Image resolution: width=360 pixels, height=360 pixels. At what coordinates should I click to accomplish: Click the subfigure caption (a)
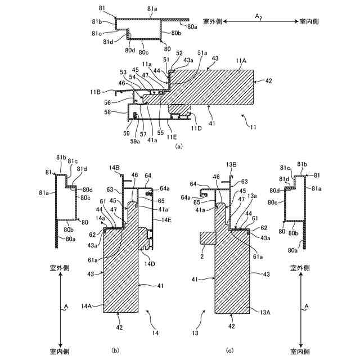pyautogui.click(x=179, y=146)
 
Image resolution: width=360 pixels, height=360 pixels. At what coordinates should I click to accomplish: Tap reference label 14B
pyautogui.click(x=114, y=168)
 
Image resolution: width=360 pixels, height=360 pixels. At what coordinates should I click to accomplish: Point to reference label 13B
pyautogui.click(x=232, y=164)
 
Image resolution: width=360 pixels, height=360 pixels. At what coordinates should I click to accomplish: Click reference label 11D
pyautogui.click(x=195, y=128)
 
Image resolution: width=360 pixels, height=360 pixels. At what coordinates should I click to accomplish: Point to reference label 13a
pyautogui.click(x=252, y=195)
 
